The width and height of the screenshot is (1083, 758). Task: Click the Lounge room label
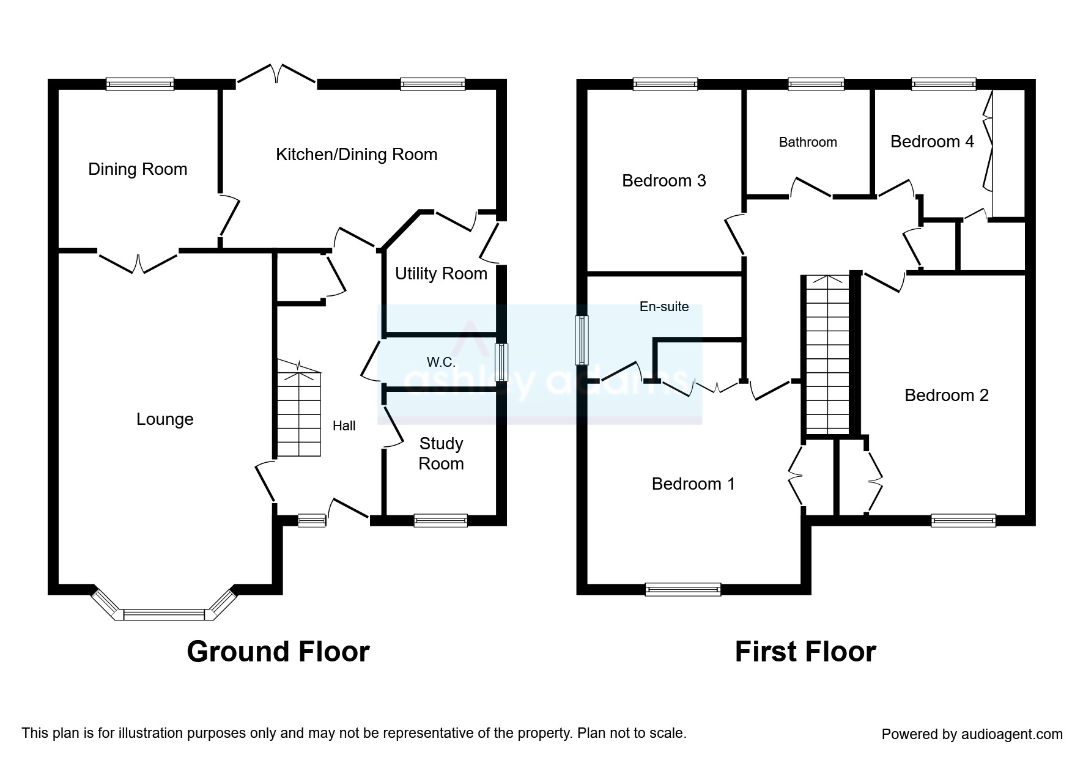click(164, 419)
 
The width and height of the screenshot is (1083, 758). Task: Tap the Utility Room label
click(441, 274)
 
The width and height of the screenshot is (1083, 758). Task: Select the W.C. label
click(441, 362)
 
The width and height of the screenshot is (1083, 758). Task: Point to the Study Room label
click(441, 454)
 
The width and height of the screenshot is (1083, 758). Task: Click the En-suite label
click(664, 307)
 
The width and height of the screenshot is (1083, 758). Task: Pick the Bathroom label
click(808, 142)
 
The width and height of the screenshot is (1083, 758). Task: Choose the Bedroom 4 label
click(932, 142)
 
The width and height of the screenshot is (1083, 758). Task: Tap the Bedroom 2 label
click(947, 396)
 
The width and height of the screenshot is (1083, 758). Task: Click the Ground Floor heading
click(278, 652)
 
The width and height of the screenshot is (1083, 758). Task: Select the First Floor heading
click(805, 652)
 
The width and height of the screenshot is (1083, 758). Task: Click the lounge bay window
click(164, 613)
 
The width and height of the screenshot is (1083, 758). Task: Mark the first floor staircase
click(827, 355)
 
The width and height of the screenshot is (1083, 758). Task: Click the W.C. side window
click(501, 362)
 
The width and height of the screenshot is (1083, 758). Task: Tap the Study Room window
click(440, 520)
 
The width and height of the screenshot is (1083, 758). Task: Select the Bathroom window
click(816, 84)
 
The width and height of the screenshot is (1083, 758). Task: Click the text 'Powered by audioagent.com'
click(972, 734)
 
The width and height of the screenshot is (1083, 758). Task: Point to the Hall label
click(344, 426)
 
